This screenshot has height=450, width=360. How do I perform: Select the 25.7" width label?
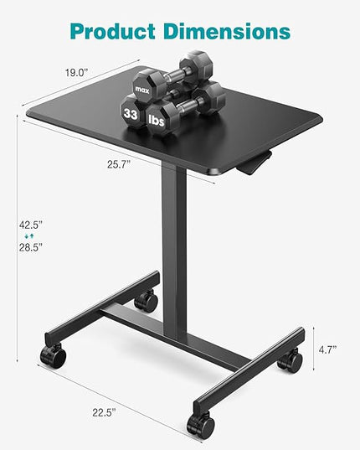(x=119, y=165)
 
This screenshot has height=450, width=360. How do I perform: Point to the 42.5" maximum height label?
(x=30, y=224)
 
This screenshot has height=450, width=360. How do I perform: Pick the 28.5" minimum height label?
(x=30, y=247)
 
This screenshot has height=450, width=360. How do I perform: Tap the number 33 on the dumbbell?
(x=131, y=112)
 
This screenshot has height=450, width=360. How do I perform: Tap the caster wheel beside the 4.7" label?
(x=290, y=362)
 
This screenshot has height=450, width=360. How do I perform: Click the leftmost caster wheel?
(x=53, y=355)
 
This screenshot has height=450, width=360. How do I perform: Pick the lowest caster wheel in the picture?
(x=200, y=425)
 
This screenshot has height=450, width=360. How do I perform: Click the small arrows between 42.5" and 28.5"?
(x=30, y=236)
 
